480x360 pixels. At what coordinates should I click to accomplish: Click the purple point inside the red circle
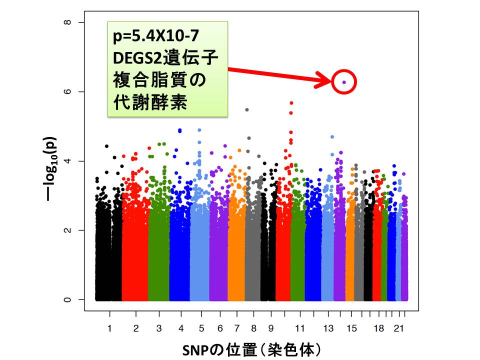(x=344, y=82)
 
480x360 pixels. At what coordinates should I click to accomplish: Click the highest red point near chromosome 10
(x=291, y=102)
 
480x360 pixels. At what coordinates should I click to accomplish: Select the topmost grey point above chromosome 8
(x=247, y=109)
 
